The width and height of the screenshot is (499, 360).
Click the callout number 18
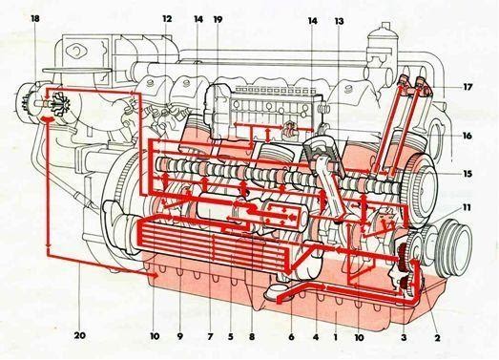[x=35, y=19]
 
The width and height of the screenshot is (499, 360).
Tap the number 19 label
[x=218, y=19]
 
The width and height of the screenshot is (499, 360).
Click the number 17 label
[x=468, y=87]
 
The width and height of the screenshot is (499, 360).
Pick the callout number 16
[x=468, y=137]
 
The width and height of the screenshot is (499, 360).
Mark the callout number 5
[x=229, y=336]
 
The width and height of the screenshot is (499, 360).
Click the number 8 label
[x=251, y=336]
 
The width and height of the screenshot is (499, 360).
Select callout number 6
[x=291, y=336]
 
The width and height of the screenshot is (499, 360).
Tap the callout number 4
[x=315, y=336]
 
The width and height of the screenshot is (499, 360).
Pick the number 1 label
[x=336, y=336]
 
